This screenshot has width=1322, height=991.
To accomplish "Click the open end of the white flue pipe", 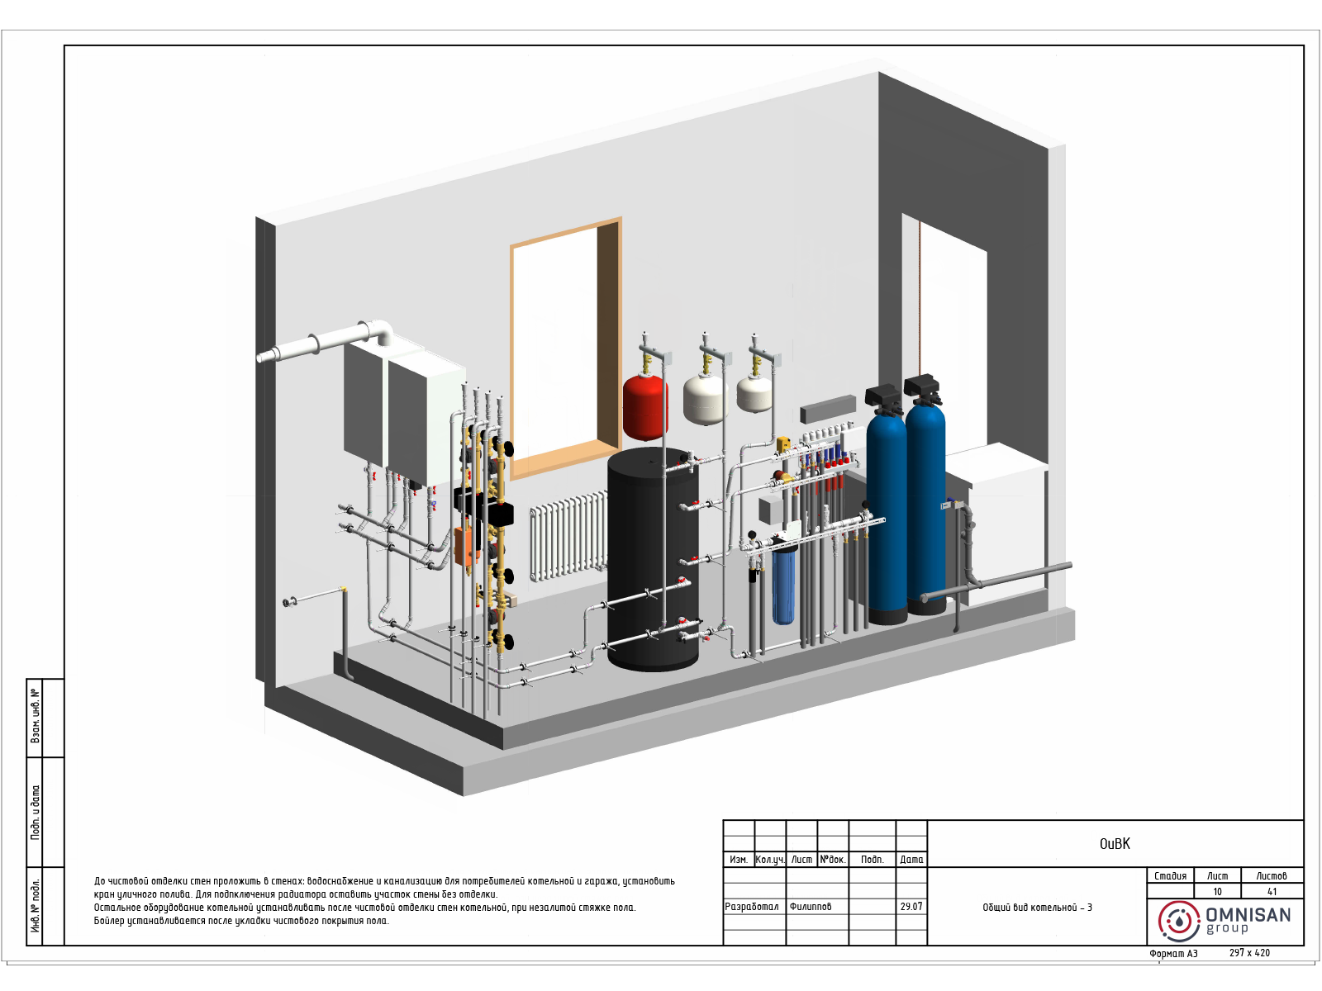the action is [260, 358].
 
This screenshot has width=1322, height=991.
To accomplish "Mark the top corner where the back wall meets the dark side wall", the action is [878, 72].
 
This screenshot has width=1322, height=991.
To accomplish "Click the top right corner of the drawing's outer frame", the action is [1303, 45].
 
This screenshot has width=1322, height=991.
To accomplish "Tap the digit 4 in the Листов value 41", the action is [1270, 892].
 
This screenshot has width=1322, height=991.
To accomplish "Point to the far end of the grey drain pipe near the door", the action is [1070, 565].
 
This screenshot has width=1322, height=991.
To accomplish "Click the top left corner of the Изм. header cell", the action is [723, 852].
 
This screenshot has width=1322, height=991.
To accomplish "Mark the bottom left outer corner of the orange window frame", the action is [511, 480].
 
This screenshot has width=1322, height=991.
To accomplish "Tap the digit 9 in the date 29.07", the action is [907, 906].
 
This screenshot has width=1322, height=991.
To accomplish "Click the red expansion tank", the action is [645, 407].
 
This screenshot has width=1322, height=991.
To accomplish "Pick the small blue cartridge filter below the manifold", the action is [783, 584].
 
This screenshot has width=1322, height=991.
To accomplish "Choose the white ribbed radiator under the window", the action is [568, 535].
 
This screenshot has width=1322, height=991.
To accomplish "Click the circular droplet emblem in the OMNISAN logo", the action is [1179, 921].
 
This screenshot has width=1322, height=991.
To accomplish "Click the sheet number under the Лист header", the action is [1217, 892].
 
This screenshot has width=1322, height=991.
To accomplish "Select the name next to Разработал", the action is [810, 907].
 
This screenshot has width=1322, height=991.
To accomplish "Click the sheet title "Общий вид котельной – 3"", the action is [1037, 908].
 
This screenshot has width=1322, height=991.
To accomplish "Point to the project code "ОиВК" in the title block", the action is [1115, 843].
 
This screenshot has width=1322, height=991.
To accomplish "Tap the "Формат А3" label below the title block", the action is [1173, 954].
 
